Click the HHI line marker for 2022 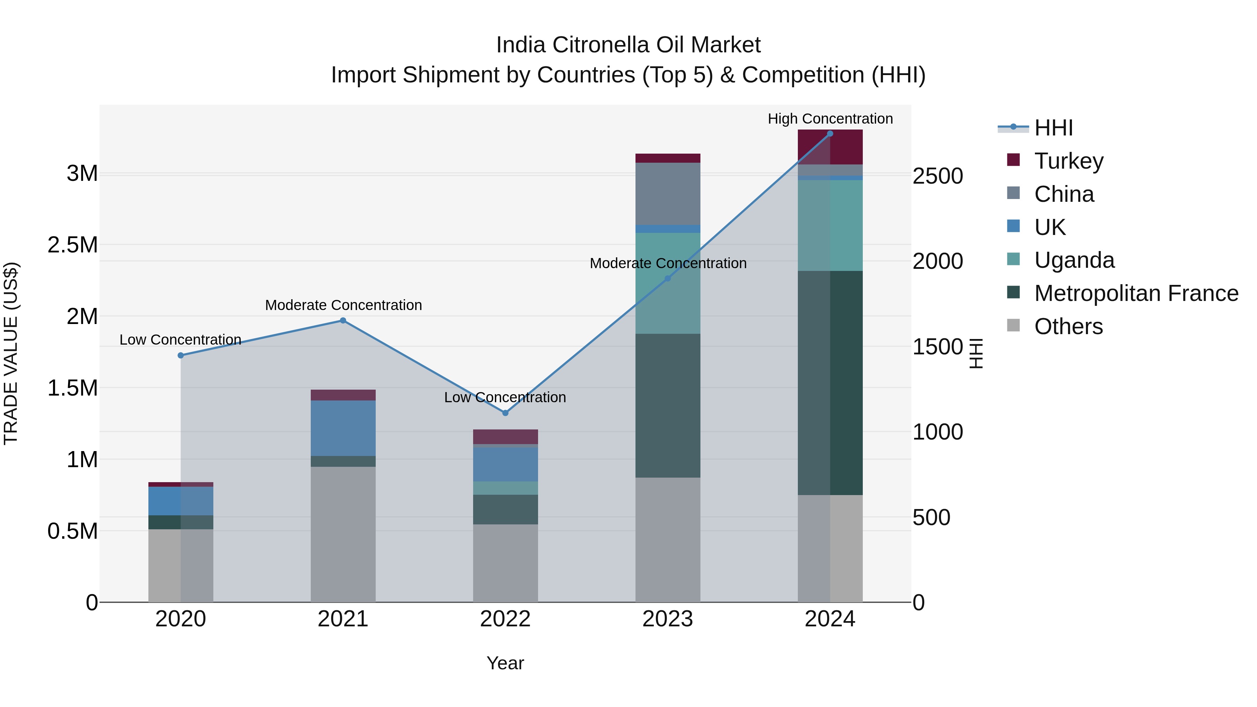click(505, 413)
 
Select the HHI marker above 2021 click(343, 321)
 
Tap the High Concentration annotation click(830, 119)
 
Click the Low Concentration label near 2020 click(180, 340)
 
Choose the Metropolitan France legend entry click(1136, 293)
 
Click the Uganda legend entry click(1074, 260)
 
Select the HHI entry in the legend click(1053, 128)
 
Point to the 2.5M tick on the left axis click(72, 244)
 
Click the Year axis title click(505, 663)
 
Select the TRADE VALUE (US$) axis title click(11, 353)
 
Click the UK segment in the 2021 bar click(343, 428)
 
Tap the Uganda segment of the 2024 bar click(830, 225)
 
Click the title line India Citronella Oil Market click(628, 45)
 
